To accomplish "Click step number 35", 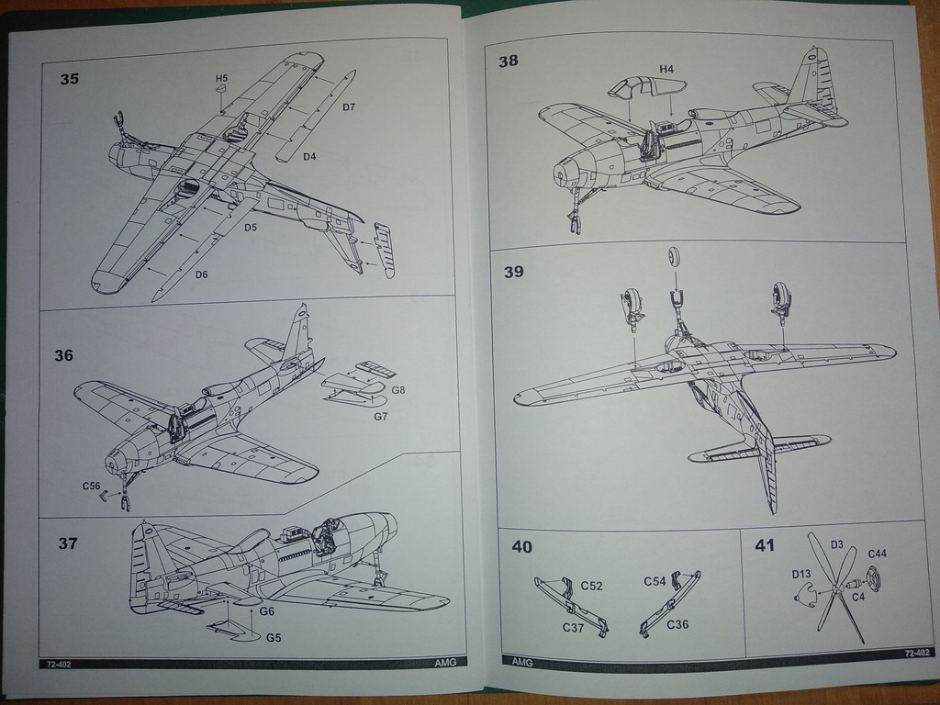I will [70, 79].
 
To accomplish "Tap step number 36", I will [63, 355].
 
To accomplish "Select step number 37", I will [68, 543].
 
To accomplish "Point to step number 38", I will [508, 62].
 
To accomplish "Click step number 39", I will [513, 272].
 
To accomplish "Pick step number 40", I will [521, 547].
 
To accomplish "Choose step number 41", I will [764, 545].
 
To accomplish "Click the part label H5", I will [222, 79].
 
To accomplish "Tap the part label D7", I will [349, 107].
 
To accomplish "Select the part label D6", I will [201, 274].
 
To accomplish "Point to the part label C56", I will [91, 486].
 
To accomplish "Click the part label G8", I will [397, 389].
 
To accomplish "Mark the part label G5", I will [274, 637].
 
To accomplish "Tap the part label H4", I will [666, 69].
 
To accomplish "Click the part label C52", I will [591, 586].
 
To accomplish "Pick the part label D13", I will [801, 575].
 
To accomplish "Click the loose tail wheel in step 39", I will [677, 255].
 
